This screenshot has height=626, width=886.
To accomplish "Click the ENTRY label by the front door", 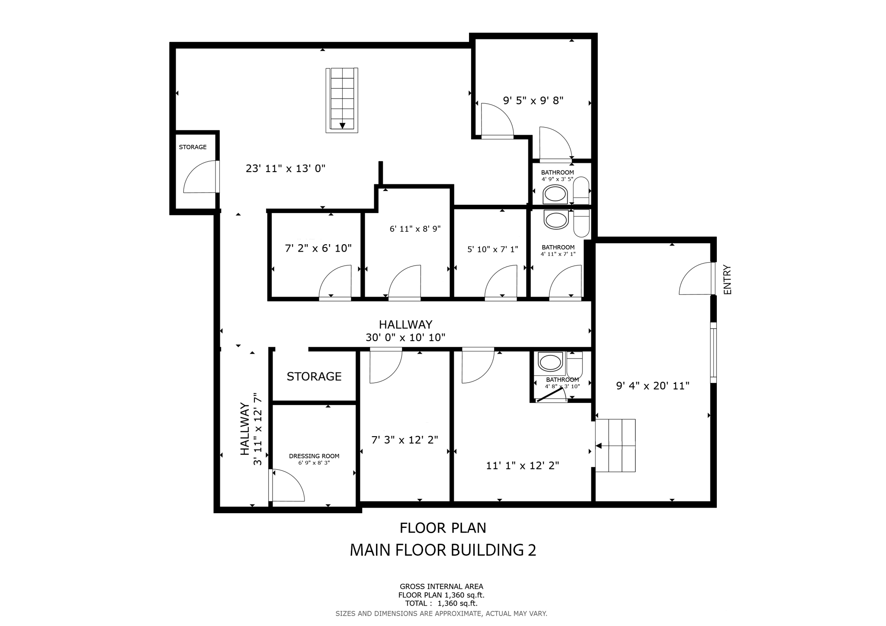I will point(727,280).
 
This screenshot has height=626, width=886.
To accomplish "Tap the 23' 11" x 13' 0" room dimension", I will point(285,169).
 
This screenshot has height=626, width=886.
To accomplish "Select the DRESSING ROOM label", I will point(314,456).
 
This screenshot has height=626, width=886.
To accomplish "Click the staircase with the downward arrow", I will point(342,100).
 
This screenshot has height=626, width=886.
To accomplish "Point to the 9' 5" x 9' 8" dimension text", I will point(533,101).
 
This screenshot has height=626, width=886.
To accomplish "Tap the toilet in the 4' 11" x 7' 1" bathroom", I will point(581,224).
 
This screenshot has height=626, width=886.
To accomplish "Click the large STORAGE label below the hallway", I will point(314,377).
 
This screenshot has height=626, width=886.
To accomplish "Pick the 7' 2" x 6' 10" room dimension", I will point(318,248).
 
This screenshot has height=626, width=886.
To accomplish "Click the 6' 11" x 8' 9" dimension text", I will point(415,229).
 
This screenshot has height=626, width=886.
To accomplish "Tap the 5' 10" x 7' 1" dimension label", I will point(492,249).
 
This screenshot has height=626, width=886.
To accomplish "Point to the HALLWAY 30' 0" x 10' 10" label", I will point(405,331).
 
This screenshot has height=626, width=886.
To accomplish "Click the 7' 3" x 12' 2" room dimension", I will point(404,440).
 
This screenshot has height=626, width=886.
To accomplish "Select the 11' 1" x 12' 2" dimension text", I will point(522,466).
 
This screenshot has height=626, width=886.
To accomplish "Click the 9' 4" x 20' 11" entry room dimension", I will point(652,386).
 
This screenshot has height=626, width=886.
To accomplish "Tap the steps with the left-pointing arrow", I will point(615,445).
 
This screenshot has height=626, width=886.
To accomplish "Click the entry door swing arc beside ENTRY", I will point(695,279).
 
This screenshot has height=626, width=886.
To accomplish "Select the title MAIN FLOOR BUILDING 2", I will point(443,550).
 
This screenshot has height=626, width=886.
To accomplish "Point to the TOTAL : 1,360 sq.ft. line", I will point(441,603).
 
